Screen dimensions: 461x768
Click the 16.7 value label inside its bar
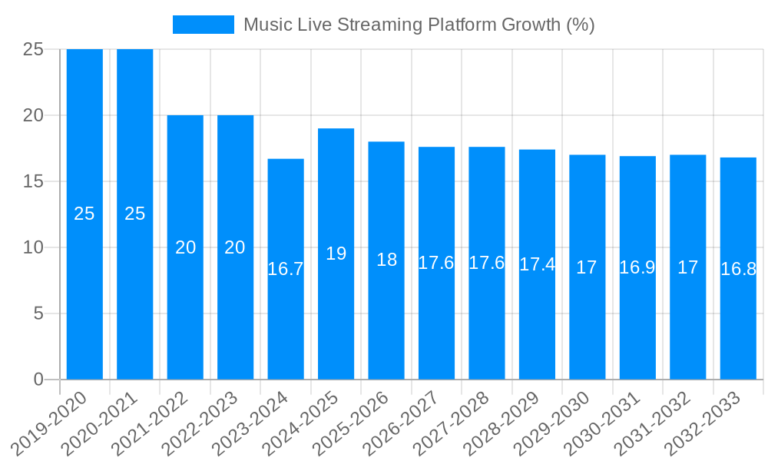tap(286, 269)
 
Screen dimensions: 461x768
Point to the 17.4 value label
tap(537, 264)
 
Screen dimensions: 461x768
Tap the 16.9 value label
tap(637, 267)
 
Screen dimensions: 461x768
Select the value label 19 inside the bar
tap(336, 254)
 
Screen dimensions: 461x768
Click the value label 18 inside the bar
tap(386, 260)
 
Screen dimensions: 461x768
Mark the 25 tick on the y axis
tap(34, 49)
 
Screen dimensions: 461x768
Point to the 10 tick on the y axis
tap(34, 247)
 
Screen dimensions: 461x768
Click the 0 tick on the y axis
tap(39, 380)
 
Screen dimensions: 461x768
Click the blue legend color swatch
tap(204, 25)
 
